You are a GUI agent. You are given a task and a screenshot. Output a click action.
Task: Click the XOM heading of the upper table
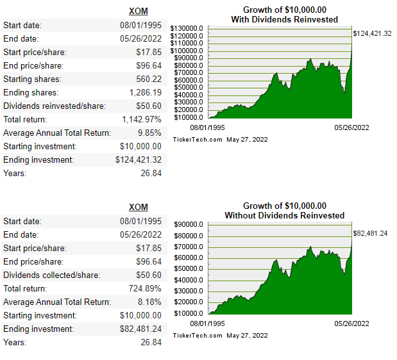tap(139, 12)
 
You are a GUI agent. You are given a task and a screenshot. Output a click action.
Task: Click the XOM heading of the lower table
tap(139, 208)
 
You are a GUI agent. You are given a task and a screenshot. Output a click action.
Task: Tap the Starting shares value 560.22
tap(148, 79)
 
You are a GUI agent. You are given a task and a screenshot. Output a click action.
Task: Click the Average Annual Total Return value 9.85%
tap(149, 133)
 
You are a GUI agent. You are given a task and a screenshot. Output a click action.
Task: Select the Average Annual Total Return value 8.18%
tap(149, 302)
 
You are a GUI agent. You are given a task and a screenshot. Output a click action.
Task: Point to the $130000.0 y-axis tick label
tap(187, 28)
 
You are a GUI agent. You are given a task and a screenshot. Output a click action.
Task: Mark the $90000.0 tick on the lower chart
tap(189, 224)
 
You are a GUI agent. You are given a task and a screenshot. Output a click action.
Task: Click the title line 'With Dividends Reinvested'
tap(284, 20)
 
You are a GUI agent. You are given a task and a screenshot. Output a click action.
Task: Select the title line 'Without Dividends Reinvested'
tap(284, 215)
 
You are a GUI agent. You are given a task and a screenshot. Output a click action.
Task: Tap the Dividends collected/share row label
tap(51, 275)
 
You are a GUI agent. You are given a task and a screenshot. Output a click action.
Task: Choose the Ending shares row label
tap(32, 92)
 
